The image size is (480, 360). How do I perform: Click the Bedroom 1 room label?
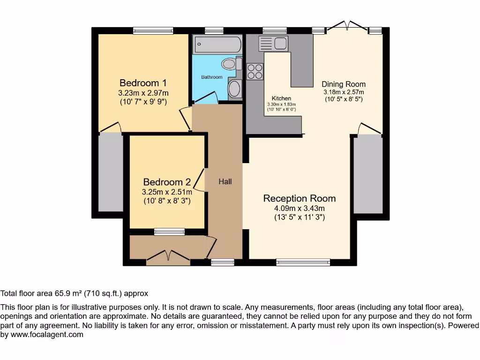click(143, 83)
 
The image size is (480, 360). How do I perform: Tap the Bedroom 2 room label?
click(167, 182)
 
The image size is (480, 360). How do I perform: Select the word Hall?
click(225, 181)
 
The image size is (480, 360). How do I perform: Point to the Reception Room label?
click(300, 198)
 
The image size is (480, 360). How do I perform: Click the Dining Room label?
click(344, 84)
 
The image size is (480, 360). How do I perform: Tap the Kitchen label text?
click(281, 98)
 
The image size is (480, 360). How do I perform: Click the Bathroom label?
click(212, 77)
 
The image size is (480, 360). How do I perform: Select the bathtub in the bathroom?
click(217, 45)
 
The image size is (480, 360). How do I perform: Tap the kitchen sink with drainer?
click(273, 43)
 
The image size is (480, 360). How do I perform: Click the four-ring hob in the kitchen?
click(255, 71)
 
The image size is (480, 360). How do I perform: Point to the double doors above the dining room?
click(347, 26)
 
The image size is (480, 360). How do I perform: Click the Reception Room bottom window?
click(303, 262)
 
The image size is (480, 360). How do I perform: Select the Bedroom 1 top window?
click(153, 30)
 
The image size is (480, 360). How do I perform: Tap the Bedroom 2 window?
click(169, 232)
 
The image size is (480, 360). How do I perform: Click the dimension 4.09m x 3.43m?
click(300, 209)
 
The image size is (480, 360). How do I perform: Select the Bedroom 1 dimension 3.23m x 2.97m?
click(143, 93)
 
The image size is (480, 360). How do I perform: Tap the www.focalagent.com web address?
click(47, 335)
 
